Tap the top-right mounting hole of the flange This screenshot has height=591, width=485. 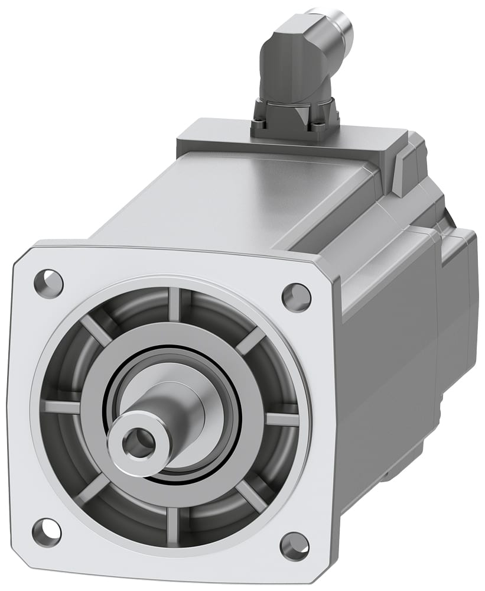click(296, 297)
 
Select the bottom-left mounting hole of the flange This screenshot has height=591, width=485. click(46, 532)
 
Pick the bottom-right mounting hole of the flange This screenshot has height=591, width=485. click(295, 546)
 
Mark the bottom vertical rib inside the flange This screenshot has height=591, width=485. click(172, 524)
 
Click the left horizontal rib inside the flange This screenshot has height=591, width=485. click(62, 407)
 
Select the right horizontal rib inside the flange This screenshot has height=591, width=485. click(282, 418)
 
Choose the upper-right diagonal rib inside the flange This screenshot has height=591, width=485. click(251, 342)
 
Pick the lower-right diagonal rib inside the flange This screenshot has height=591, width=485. click(251, 495)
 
